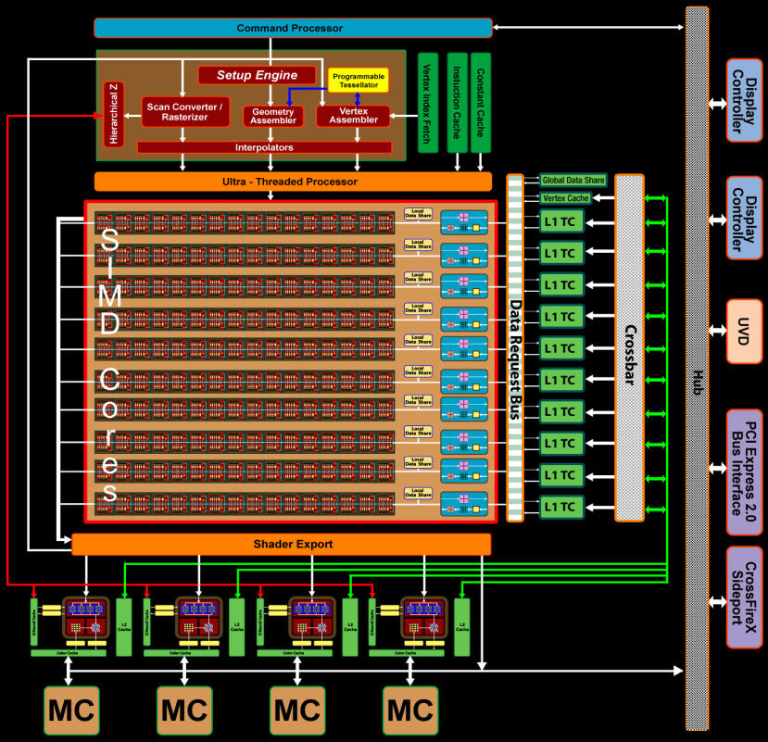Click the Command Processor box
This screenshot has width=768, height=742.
pyautogui.click(x=290, y=29)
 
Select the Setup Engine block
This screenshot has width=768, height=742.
pyautogui.click(x=258, y=75)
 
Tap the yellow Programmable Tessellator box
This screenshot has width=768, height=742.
pyautogui.click(x=358, y=80)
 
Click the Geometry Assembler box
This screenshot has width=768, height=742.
pyautogui.click(x=273, y=116)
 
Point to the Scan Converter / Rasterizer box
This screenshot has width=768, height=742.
pyautogui.click(x=184, y=112)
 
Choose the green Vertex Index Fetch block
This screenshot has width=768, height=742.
pyautogui.click(x=428, y=102)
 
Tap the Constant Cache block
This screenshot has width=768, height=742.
pyautogui.click(x=481, y=102)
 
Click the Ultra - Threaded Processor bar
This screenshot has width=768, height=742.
pyautogui.click(x=290, y=182)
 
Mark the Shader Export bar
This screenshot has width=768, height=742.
pyautogui.click(x=281, y=545)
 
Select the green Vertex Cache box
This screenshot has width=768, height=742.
pyautogui.click(x=565, y=198)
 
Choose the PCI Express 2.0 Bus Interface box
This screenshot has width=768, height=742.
pyautogui.click(x=744, y=472)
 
